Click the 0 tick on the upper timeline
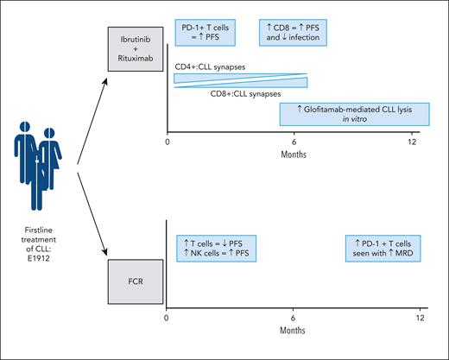point(167,141)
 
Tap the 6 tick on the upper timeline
point(294,141)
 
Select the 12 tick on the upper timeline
point(421,141)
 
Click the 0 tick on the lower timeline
point(167,318)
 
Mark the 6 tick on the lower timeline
point(294,318)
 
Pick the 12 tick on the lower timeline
point(421,318)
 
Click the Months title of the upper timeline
point(294,155)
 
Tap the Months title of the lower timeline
point(294,332)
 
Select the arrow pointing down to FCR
point(92,212)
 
